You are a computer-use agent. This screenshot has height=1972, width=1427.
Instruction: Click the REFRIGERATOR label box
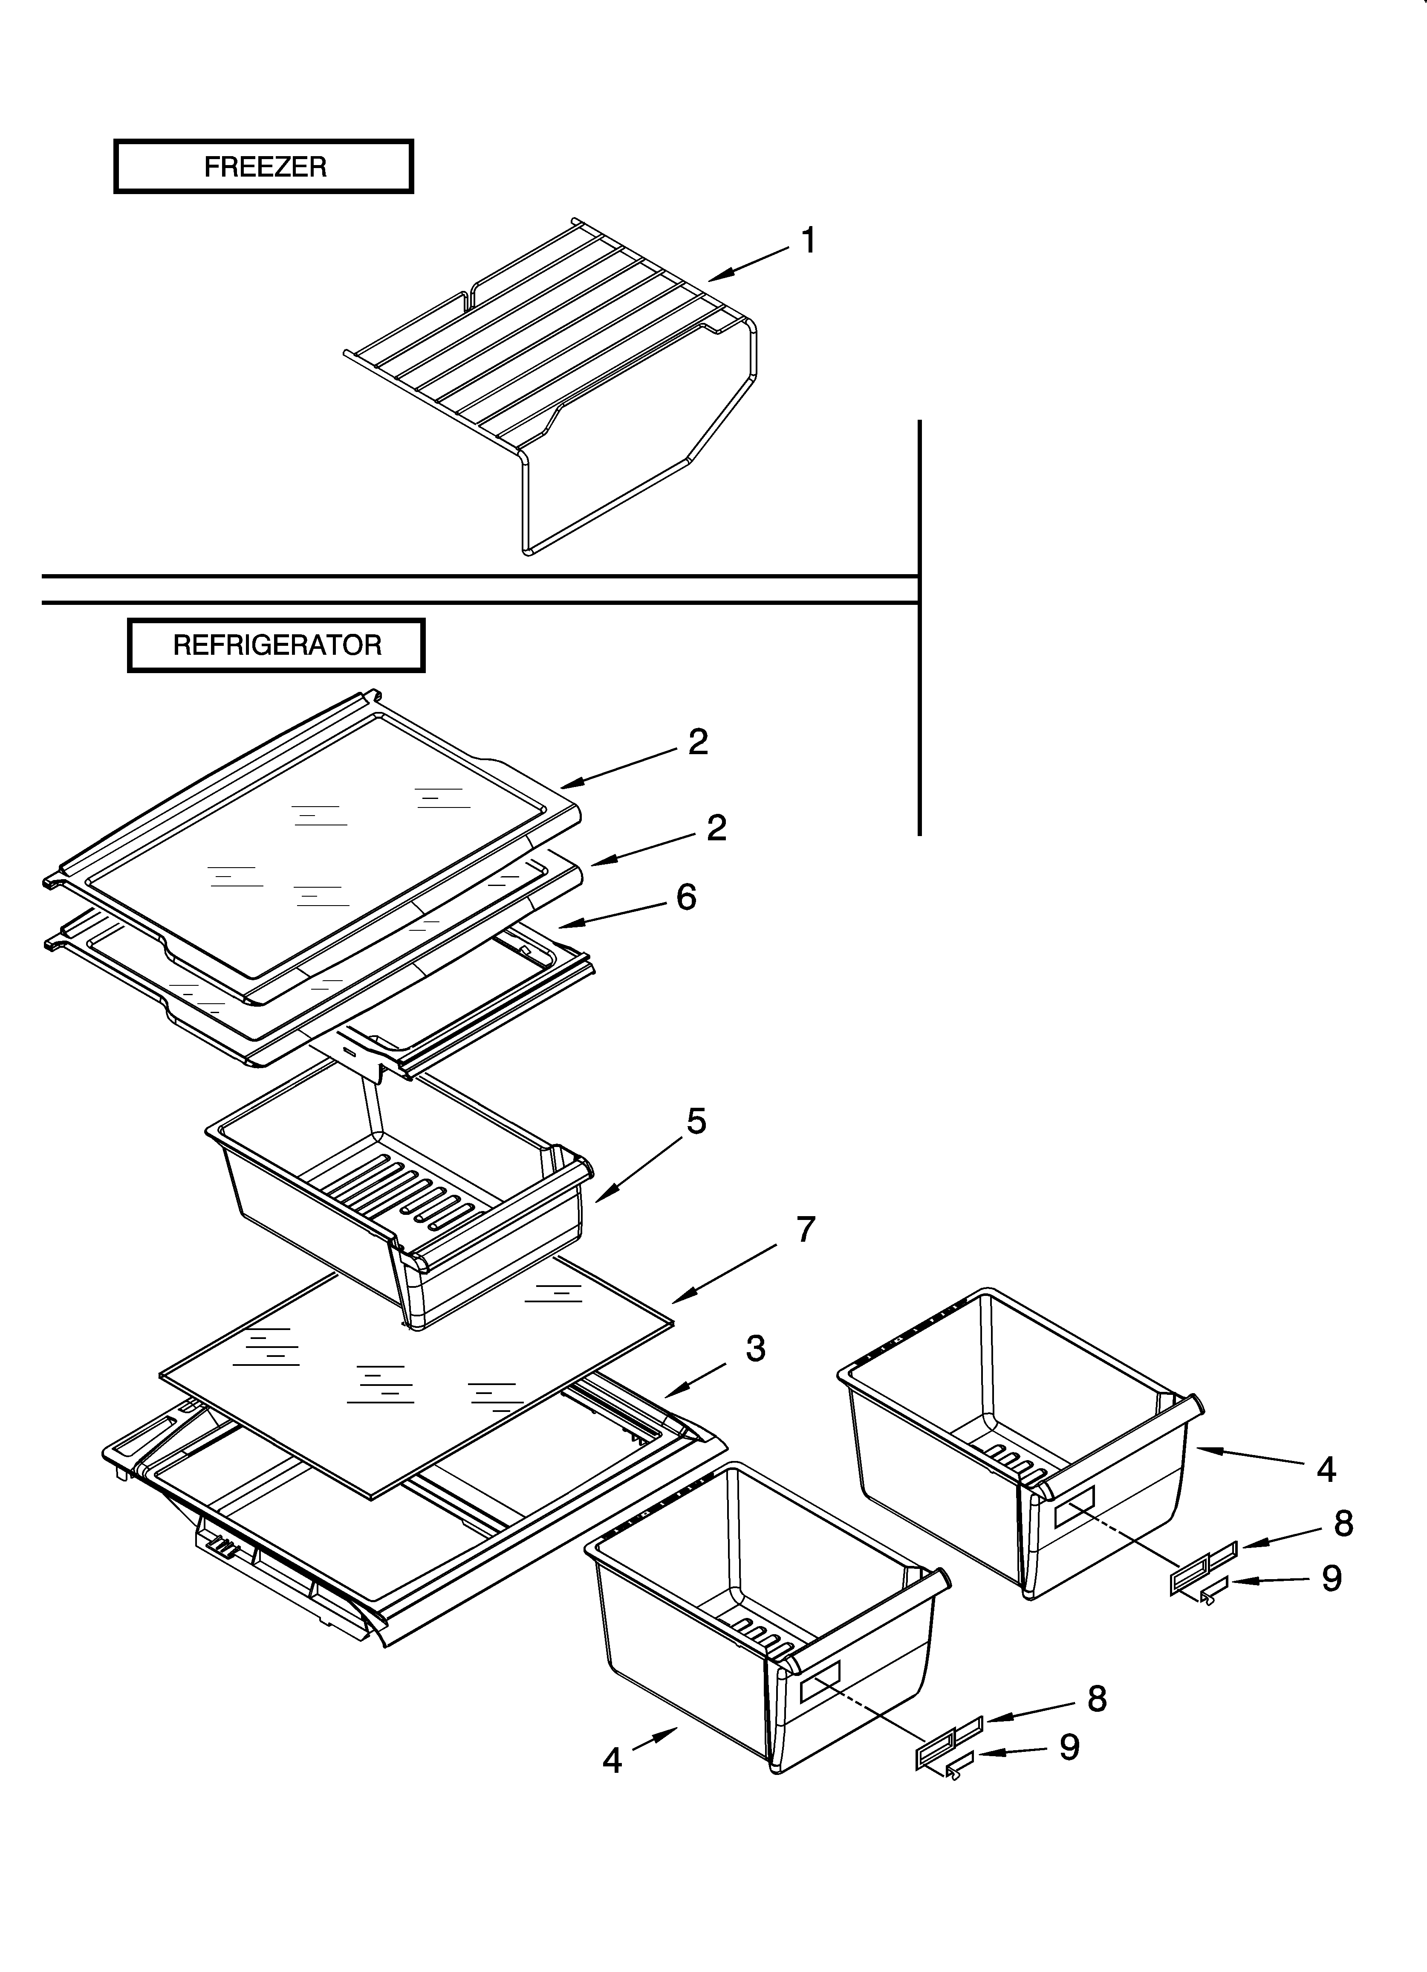click(276, 645)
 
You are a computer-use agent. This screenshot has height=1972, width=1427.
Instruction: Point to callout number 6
click(686, 897)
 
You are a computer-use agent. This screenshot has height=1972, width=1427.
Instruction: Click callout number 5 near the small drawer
click(696, 1121)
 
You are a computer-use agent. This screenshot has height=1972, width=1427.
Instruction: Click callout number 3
click(755, 1348)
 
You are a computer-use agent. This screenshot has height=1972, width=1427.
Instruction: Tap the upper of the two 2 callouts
click(698, 742)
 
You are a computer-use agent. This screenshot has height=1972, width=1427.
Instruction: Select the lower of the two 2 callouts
click(716, 828)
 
